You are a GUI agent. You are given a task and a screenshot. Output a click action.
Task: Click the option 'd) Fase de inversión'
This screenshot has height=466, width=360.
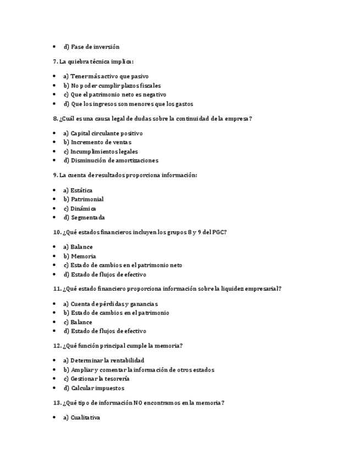(91, 47)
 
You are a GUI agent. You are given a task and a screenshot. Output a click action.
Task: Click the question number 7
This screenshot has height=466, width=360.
(55, 62)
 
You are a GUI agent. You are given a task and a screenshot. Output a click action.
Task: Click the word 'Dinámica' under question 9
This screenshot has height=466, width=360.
(83, 208)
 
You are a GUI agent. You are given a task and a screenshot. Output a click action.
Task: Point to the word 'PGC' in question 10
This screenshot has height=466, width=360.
(219, 232)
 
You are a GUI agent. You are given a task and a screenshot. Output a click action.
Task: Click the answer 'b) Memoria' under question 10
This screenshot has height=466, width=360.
(80, 256)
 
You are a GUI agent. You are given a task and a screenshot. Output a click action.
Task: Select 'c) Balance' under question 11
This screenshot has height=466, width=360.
(77, 322)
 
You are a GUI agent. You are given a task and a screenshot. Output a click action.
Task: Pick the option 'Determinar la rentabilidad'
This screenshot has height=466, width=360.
(104, 360)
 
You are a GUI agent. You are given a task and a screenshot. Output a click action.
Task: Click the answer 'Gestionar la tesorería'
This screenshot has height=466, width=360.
(97, 379)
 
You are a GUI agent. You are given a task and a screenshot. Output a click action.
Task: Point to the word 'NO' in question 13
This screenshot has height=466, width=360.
(138, 403)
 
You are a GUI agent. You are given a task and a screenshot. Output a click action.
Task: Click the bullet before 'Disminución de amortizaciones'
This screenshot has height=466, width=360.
(54, 160)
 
